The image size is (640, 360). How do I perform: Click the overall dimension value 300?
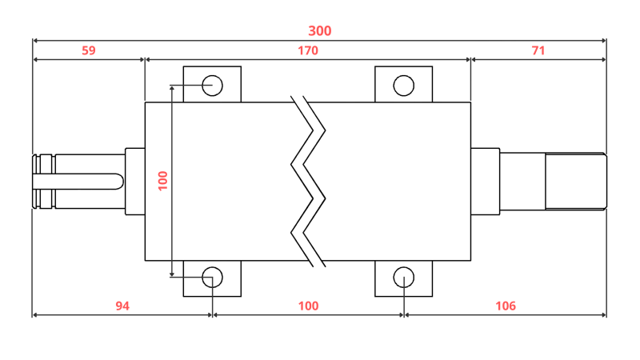(320, 31)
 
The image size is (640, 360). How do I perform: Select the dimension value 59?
(89, 50)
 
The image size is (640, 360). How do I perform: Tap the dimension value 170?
(308, 50)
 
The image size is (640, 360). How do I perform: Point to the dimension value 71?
(538, 50)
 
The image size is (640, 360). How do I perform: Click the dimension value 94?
(122, 306)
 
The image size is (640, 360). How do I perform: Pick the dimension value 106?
(506, 306)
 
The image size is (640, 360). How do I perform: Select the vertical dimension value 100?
(163, 181)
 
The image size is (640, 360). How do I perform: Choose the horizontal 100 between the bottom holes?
(308, 306)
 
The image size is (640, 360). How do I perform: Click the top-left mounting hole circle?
(212, 85)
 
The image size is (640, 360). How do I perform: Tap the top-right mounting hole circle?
(404, 85)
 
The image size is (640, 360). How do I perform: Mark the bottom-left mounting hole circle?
(212, 278)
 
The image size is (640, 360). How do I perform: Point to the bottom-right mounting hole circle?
(404, 278)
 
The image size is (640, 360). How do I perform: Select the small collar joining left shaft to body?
(134, 182)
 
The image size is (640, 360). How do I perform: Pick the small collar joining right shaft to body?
(485, 182)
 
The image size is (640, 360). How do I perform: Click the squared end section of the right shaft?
(575, 182)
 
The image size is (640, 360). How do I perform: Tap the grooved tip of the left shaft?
(43, 182)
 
